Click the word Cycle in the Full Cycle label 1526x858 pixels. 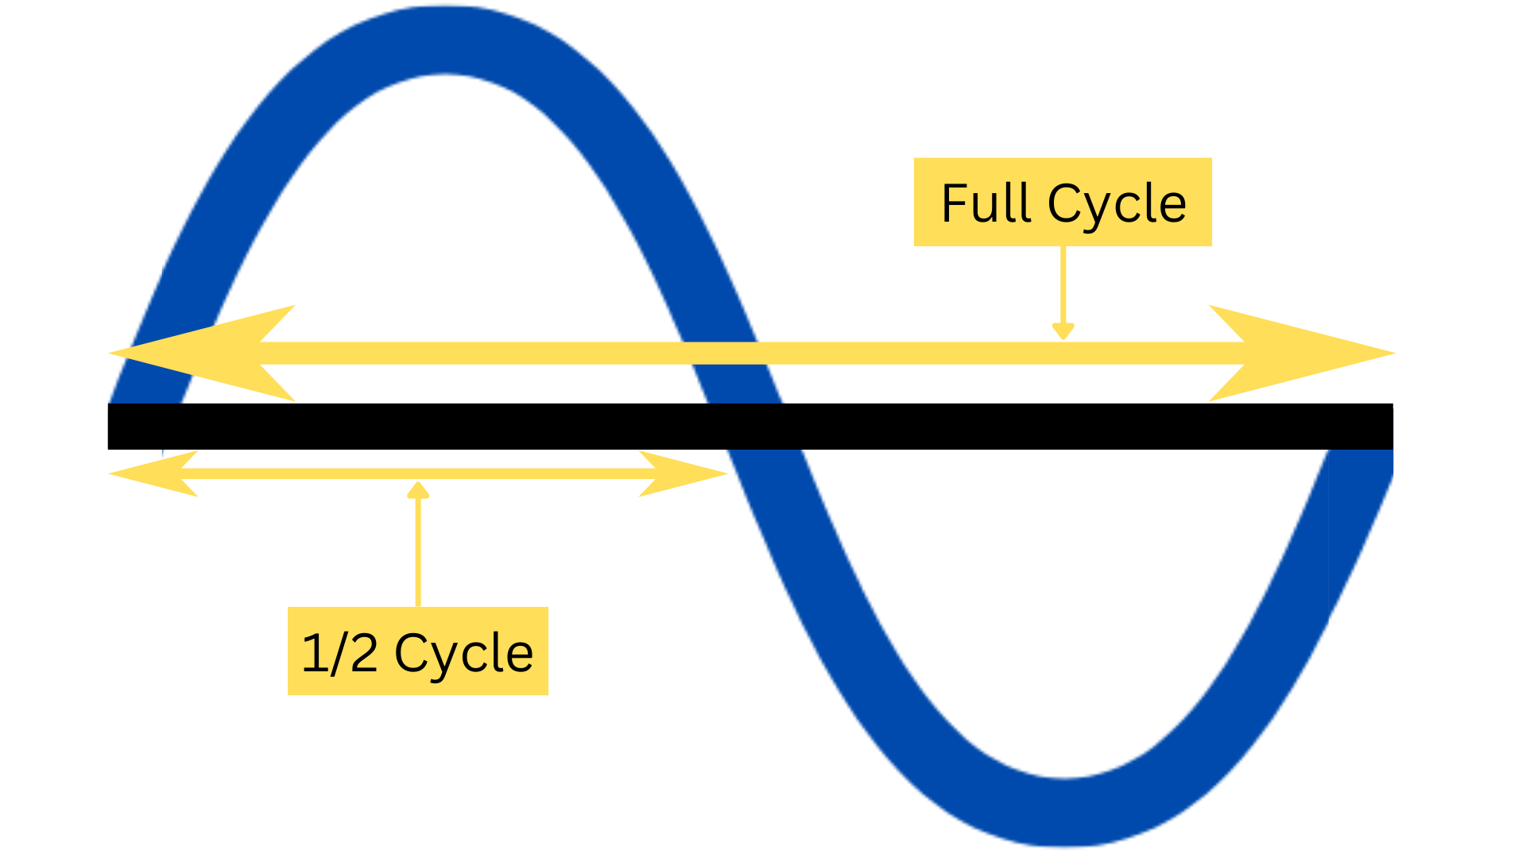1117,205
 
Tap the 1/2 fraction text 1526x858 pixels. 339,653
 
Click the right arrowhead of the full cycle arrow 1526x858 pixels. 1303,353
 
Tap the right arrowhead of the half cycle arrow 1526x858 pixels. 684,473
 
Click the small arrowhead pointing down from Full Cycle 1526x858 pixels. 1063,331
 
